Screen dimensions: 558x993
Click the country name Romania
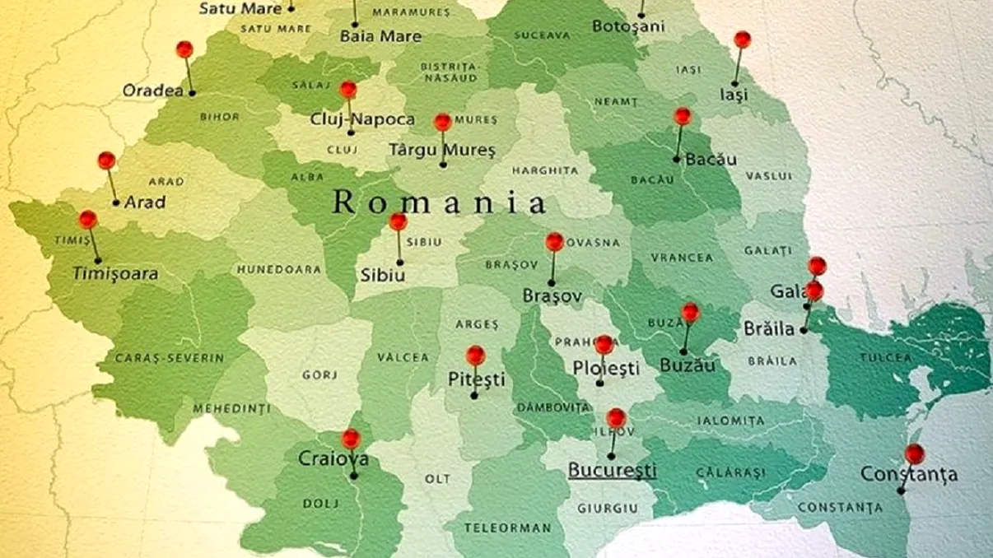(x=440, y=202)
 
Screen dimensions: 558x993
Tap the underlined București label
(x=612, y=470)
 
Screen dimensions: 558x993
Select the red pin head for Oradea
(x=184, y=49)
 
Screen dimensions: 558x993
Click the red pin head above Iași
(x=742, y=40)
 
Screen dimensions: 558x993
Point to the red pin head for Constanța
(x=914, y=453)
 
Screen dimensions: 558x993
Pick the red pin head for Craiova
(x=351, y=439)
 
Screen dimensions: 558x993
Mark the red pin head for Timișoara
(x=88, y=220)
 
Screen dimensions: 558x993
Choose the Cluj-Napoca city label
(x=362, y=119)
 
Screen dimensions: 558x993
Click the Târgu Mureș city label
(x=442, y=151)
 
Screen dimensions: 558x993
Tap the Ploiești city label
(x=606, y=368)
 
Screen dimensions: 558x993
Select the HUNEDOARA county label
(x=278, y=269)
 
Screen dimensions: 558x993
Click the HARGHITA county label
(x=544, y=170)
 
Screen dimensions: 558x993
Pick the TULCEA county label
(x=886, y=358)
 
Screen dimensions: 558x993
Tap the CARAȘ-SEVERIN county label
(x=170, y=358)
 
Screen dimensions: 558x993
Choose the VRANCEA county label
(x=682, y=258)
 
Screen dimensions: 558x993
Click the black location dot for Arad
(x=116, y=202)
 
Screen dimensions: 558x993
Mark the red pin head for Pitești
(x=475, y=356)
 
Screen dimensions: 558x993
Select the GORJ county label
(x=319, y=374)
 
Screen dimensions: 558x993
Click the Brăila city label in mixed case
(x=769, y=328)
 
